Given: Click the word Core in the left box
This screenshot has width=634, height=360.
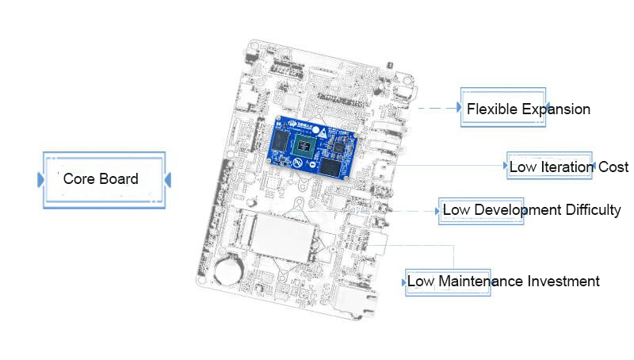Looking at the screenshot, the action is pos(78,178).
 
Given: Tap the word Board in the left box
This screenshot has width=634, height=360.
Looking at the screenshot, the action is pos(119,178).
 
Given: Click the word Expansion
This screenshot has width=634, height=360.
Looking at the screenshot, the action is pos(556,109).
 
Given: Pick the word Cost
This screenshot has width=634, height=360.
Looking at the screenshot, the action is pos(613,167).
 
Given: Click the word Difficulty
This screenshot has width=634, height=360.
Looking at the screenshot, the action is pos(593,210).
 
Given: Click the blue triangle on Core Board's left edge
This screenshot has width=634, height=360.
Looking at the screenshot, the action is pos(40,179).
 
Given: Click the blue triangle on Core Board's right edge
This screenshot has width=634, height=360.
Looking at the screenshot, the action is pos(168,180).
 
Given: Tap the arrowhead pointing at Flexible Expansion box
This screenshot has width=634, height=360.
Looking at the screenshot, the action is pos(459,107).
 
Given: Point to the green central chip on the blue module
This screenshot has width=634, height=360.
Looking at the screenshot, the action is pos(304,146).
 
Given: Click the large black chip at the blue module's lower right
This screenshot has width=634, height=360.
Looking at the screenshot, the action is pos(333,167).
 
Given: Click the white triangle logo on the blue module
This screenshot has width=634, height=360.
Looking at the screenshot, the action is pos(323,132).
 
